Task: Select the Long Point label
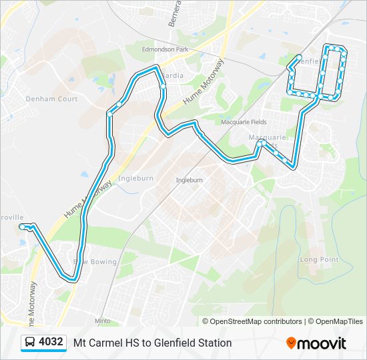[x=319, y=259]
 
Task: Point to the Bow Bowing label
[x=98, y=262]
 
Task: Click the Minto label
[x=102, y=321]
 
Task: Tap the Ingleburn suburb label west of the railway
[x=135, y=179]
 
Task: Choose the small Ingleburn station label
[x=189, y=180]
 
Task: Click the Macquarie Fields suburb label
[x=244, y=123]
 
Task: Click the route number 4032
[x=51, y=342]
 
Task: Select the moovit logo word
[x=322, y=343]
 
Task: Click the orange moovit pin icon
[x=291, y=343]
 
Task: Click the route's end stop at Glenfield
[x=299, y=57]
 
